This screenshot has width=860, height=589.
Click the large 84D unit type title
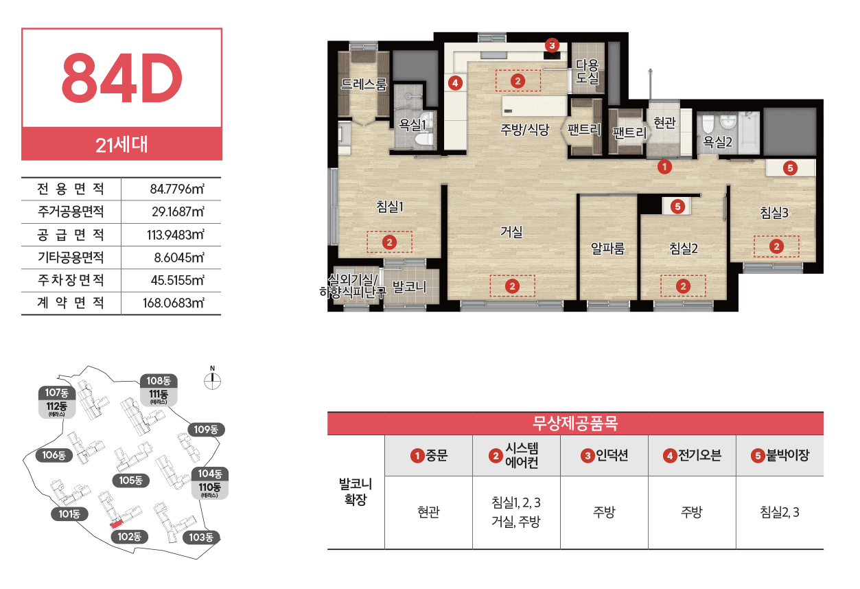coord(121,78)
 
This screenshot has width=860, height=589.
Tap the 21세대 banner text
coord(121,145)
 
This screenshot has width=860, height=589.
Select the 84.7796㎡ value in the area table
coord(177,189)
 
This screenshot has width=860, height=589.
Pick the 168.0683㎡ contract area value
coord(174,303)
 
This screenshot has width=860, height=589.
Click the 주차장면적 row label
coord(71,280)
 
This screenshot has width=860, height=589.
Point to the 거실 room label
coord(511,231)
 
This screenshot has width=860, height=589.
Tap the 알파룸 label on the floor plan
coord(607,249)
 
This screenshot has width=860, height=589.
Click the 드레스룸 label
coord(364,84)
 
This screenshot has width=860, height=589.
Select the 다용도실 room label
coord(588,71)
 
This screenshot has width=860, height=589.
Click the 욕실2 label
coord(717,141)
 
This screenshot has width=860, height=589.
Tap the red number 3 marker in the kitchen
coord(552,45)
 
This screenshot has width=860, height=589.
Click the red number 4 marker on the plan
coord(455,82)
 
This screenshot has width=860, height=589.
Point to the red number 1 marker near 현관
coord(664,167)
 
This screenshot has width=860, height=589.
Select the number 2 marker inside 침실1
coord(389,242)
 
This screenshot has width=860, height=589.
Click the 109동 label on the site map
coord(206,429)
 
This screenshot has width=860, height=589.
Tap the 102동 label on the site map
coord(130,536)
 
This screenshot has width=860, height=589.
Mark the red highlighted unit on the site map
coord(116,524)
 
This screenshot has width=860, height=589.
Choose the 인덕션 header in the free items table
coord(604,455)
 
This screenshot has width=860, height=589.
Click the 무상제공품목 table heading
coord(575,423)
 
